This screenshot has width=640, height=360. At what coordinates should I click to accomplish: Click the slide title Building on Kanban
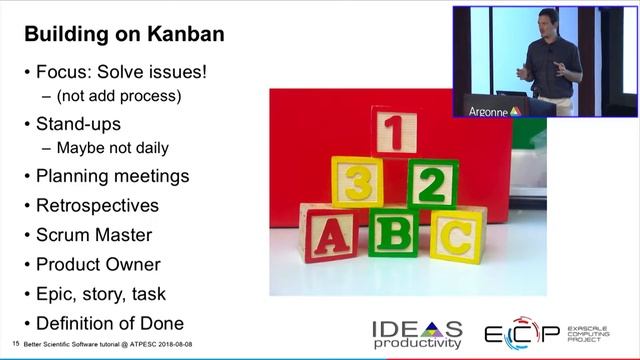click(x=124, y=34)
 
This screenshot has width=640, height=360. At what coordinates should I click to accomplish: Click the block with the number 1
click(x=395, y=132)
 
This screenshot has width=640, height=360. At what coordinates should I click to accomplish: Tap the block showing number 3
click(x=357, y=182)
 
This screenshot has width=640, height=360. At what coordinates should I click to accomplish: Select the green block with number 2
click(x=432, y=183)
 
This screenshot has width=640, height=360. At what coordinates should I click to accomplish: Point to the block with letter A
click(x=327, y=233)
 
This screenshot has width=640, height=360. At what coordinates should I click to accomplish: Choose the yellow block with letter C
click(x=457, y=236)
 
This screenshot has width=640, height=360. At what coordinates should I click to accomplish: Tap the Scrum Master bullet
click(x=94, y=235)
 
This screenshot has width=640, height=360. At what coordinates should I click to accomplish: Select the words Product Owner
click(x=98, y=265)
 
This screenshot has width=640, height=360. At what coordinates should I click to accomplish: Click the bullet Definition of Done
click(x=110, y=323)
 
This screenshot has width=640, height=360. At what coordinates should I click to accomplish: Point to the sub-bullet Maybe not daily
click(x=112, y=148)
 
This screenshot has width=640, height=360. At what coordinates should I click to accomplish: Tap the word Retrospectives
click(x=97, y=206)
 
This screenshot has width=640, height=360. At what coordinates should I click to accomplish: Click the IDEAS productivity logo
click(x=417, y=334)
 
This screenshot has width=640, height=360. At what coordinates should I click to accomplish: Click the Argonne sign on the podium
click(x=494, y=111)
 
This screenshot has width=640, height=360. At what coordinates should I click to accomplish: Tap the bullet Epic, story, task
click(x=100, y=294)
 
